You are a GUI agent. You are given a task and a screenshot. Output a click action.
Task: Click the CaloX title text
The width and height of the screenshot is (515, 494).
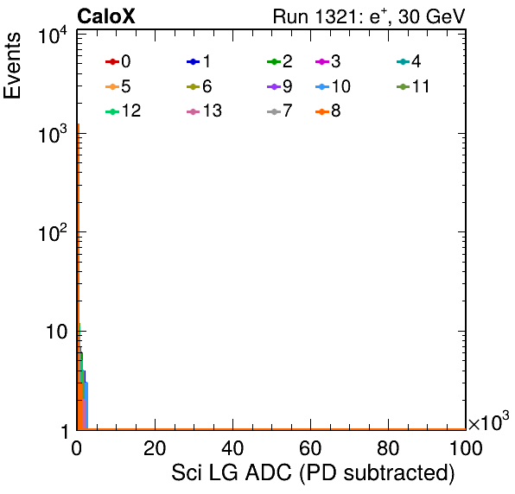coord(105,16)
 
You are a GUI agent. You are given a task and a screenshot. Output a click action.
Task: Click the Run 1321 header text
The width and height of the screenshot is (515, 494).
coord(369,16)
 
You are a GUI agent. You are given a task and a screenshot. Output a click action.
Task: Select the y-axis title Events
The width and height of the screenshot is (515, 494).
coord(12,66)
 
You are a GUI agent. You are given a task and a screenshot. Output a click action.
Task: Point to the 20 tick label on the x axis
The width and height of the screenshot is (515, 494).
coord(155,448)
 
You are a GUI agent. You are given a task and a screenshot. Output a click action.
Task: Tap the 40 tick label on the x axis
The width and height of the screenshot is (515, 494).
coord(232,448)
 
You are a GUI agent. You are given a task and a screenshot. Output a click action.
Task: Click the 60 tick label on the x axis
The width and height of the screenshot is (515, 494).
coord(310,448)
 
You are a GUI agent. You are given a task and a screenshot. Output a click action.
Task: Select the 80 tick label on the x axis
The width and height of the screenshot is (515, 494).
coord(388,448)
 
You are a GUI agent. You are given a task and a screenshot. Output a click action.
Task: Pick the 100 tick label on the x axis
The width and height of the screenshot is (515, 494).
coord(466,448)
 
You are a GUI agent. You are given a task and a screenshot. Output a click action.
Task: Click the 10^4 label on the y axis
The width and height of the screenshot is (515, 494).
coord(53,35)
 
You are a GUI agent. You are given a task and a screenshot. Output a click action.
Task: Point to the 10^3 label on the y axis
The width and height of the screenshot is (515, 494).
coord(53,134)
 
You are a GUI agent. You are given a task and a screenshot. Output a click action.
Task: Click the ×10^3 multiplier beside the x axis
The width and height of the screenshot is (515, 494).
coord(489,421)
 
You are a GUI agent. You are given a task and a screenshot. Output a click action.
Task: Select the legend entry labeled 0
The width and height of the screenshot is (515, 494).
coord(118,61)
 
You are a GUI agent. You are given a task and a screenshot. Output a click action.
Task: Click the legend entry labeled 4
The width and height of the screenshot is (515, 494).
coord(409,61)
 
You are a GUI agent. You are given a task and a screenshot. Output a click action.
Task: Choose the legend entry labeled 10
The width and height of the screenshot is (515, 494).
coord(333,86)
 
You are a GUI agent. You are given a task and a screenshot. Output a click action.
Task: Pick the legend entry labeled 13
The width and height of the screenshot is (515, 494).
coord(204,111)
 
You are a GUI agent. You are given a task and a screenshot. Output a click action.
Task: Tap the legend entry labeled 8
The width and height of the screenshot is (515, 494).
coord(327,111)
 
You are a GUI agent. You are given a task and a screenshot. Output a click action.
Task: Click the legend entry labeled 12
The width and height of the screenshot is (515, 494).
coord(124,111)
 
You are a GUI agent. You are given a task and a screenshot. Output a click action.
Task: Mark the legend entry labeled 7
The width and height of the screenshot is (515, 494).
coord(279,111)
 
